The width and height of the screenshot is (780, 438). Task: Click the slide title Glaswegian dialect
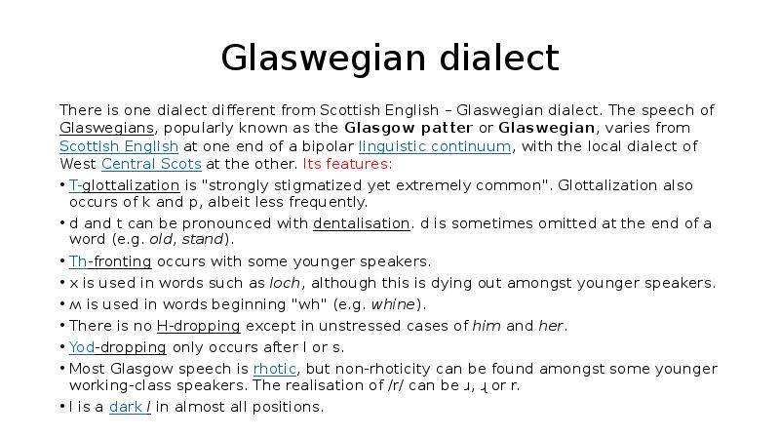tap(390, 59)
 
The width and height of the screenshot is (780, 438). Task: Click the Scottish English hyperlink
tap(119, 146)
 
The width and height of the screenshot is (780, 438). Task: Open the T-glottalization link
tap(124, 185)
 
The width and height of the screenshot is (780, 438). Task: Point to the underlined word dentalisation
tap(362, 223)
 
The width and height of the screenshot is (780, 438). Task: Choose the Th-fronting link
tap(110, 261)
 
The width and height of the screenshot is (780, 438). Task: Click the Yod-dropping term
tap(117, 347)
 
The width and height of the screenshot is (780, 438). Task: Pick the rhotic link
tap(274, 369)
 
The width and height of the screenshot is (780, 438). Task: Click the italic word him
tap(487, 326)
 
